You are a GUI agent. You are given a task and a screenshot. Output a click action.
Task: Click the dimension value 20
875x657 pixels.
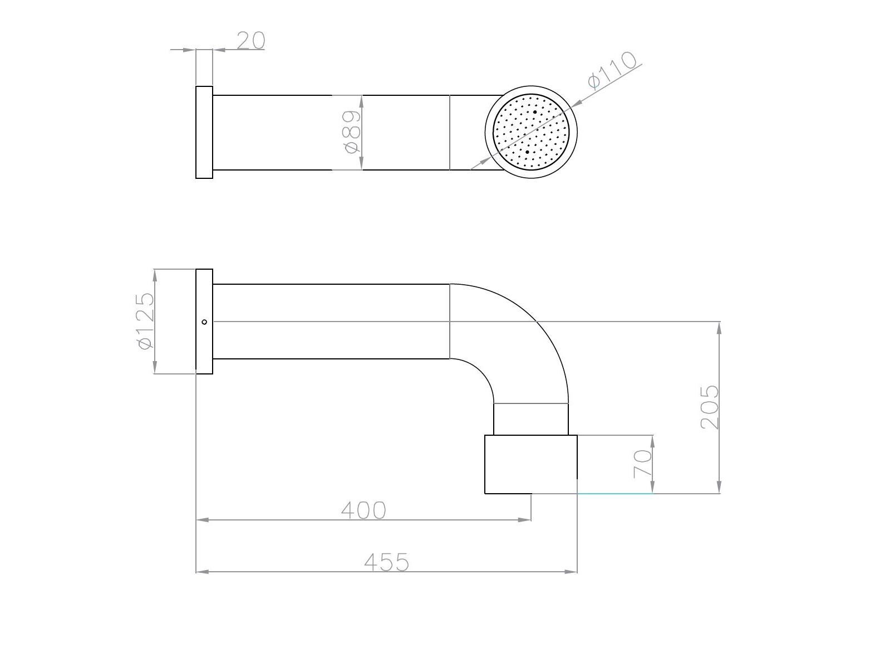point(251,41)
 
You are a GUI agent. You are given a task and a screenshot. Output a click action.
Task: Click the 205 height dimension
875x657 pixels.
point(710,407)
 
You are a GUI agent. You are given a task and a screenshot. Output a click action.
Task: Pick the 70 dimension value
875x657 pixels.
point(642,464)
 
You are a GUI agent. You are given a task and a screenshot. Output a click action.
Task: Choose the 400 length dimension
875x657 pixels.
point(363,510)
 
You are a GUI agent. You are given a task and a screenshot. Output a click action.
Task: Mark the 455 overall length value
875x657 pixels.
point(386,562)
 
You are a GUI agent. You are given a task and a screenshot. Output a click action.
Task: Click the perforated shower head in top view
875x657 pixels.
point(531,132)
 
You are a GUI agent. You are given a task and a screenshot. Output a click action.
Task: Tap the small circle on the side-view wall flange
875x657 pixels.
point(204,322)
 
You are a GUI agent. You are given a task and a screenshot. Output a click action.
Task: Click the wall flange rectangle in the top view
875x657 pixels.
point(204,132)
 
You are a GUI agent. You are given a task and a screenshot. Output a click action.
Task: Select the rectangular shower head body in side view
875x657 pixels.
point(530,464)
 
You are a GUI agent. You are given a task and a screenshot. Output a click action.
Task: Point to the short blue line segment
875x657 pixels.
point(615,493)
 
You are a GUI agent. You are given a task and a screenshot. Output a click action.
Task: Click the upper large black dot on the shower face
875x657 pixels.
point(535,112)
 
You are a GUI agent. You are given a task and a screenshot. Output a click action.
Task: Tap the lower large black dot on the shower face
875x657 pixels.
point(527,152)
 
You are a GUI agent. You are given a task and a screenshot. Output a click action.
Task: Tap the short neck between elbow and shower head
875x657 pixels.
point(530,419)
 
